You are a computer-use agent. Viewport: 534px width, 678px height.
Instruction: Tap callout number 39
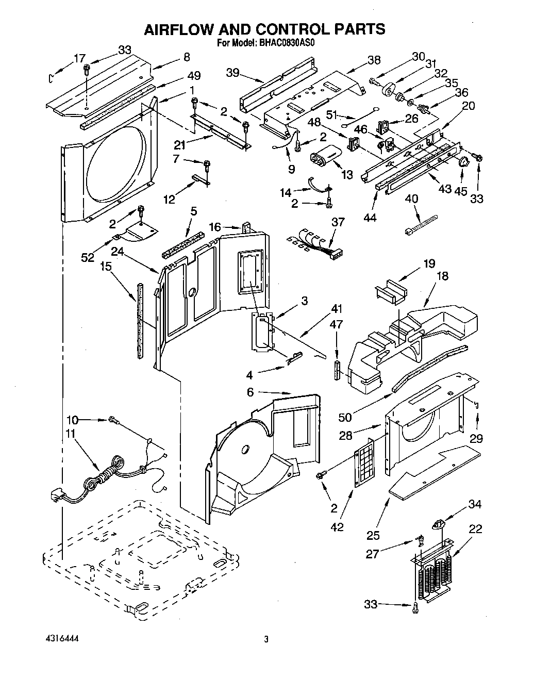(x=233, y=73)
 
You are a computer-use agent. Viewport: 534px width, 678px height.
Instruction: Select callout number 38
(x=374, y=60)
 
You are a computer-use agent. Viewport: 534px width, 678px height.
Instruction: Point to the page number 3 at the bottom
(x=266, y=639)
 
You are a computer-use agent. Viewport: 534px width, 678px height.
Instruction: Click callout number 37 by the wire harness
(x=338, y=222)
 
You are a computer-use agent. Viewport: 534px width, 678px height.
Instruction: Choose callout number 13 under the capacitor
(x=347, y=175)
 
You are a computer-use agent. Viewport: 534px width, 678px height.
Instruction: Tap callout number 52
(x=88, y=257)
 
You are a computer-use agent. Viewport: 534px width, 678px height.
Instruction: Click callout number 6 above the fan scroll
(x=251, y=392)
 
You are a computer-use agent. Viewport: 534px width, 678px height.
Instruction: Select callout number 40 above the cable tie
(x=411, y=199)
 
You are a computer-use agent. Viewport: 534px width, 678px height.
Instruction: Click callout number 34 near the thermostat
(x=475, y=504)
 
